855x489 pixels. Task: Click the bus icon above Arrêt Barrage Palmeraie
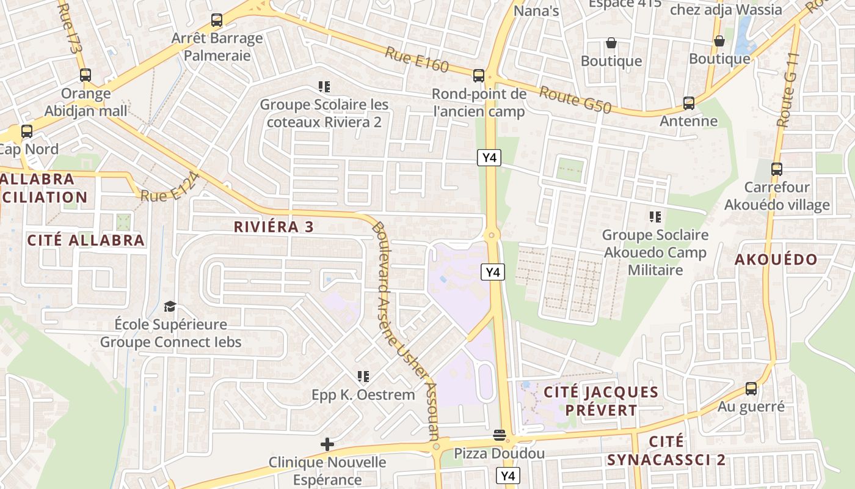tap(216, 20)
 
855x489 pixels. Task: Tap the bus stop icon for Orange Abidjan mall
tap(85, 76)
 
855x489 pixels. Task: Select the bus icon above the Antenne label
tap(689, 103)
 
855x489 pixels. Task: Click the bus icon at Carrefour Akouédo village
tap(777, 169)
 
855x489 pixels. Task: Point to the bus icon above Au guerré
tap(751, 389)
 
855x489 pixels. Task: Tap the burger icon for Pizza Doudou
tap(500, 435)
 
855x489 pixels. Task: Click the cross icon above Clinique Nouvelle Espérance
tap(327, 444)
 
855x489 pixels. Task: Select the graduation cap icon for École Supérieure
tap(170, 306)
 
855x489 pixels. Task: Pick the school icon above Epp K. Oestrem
tap(363, 377)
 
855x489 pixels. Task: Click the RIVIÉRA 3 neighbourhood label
tap(274, 227)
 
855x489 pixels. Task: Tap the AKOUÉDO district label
tap(776, 260)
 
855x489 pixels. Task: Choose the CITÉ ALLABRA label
tap(86, 240)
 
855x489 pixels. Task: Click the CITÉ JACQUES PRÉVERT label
tap(601, 401)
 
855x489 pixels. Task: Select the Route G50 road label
tap(575, 100)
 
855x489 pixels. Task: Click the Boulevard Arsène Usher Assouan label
tap(405, 330)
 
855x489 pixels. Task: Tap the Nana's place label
tap(536, 11)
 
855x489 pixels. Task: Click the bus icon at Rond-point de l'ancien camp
tap(479, 76)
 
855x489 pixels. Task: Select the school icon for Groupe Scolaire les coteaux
tap(324, 87)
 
